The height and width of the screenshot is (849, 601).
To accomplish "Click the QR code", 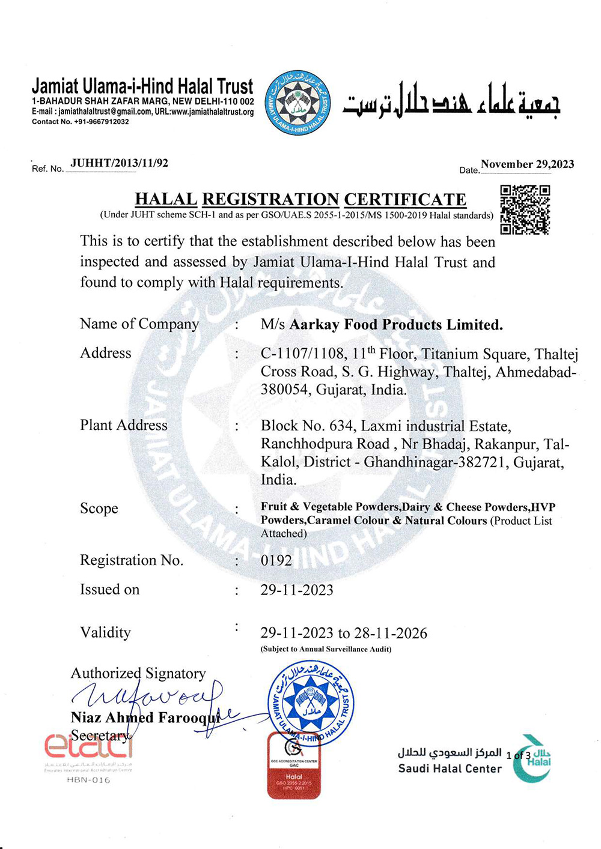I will (x=525, y=210).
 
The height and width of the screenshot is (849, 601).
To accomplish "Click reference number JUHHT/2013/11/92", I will (x=119, y=163).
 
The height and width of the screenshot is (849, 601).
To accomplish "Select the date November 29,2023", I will (x=527, y=165).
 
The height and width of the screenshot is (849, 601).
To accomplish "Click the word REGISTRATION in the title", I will (x=270, y=199).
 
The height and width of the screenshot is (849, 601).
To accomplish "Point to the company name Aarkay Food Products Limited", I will (x=396, y=325).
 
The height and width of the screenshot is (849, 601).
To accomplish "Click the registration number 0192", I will (x=276, y=561).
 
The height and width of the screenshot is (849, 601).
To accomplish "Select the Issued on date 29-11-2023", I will (x=297, y=590).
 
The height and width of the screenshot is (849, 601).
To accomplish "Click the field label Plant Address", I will (x=124, y=425).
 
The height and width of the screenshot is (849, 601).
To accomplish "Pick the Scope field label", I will (x=99, y=509).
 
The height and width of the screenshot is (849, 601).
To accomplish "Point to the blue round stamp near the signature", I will (x=311, y=701).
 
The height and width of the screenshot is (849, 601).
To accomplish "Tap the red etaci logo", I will (x=88, y=746).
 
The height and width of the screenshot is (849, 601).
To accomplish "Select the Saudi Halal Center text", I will (x=450, y=769).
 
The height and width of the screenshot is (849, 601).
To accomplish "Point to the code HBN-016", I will (x=88, y=780).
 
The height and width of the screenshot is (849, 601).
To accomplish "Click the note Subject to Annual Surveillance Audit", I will (x=326, y=649).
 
